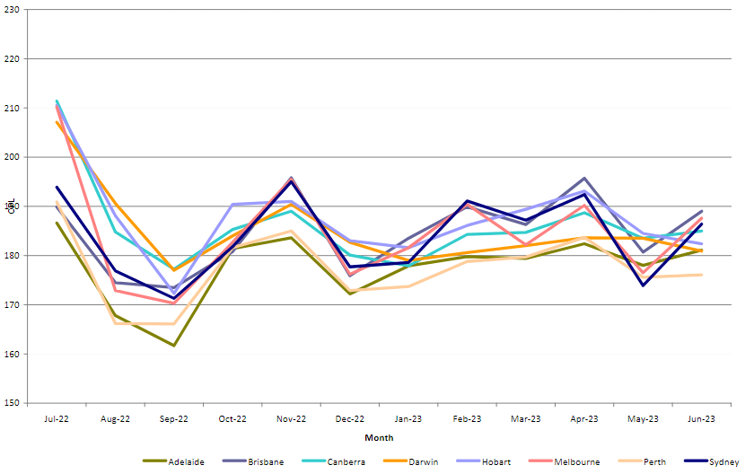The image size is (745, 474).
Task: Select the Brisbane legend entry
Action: click(265, 461)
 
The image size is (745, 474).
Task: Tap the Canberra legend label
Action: click(345, 461)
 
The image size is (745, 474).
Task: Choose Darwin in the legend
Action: click(422, 461)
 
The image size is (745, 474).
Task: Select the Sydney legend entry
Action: click(723, 461)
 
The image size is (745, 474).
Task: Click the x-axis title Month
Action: click(379, 438)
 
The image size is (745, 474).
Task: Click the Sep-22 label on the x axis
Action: click(173, 418)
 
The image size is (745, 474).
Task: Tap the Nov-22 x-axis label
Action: click(291, 418)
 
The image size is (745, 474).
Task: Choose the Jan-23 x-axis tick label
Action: click(408, 418)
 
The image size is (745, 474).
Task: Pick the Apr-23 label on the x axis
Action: click(584, 418)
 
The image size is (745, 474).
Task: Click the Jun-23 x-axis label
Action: click(702, 418)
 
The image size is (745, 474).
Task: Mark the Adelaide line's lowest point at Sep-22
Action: click(173, 346)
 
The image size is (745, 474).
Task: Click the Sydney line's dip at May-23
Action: click(643, 285)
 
